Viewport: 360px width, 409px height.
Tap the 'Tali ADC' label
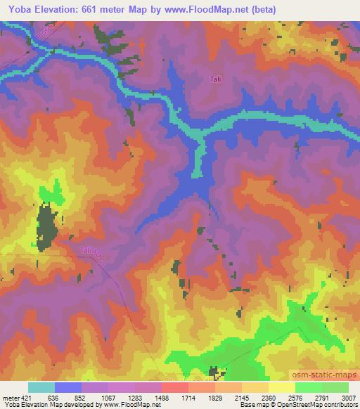pyautogui.click(x=91, y=251)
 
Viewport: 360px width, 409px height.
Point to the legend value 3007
pyautogui.click(x=349, y=397)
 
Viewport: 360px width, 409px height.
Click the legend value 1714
pyautogui.click(x=188, y=397)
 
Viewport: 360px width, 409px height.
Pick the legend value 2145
pyautogui.click(x=242, y=397)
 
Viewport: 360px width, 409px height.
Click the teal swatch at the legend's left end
pyautogui.click(x=41, y=387)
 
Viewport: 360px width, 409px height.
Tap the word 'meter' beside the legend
pyautogui.click(x=8, y=397)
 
